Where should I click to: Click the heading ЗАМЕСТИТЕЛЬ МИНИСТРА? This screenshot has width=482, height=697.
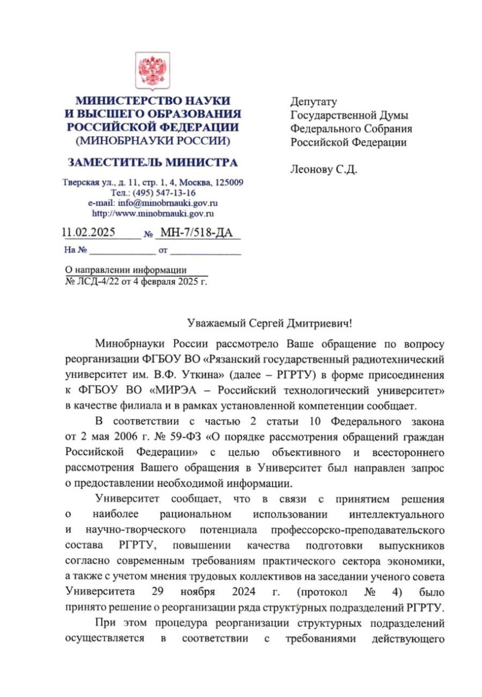[152, 163]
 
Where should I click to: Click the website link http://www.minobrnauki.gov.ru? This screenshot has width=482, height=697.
[153, 213]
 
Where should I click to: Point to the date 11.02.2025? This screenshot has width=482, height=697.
[88, 233]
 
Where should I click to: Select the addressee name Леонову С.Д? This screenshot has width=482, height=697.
[324, 169]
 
